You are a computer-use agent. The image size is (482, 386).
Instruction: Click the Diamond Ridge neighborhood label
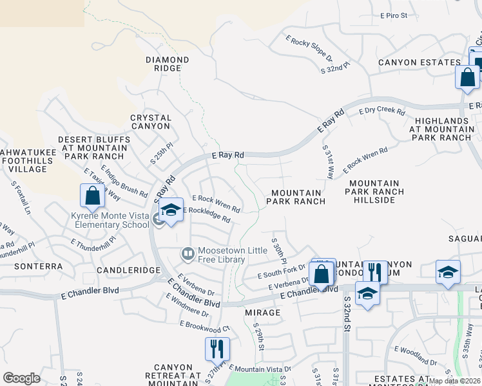(167, 64)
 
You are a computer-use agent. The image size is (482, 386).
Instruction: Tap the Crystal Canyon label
(151, 122)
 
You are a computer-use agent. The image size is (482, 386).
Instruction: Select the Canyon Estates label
(419, 62)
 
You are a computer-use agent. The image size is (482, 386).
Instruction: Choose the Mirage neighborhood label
(263, 313)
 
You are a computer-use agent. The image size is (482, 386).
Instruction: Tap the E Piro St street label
(394, 15)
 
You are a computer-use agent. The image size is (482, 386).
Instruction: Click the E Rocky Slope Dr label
(309, 47)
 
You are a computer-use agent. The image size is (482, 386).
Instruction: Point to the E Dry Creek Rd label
(382, 111)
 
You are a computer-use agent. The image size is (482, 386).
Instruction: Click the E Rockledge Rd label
(207, 214)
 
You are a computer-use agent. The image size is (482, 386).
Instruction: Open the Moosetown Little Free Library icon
(188, 255)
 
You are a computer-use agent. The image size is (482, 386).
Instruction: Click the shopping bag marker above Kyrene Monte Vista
(92, 197)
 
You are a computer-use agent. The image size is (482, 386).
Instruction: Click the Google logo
(21, 378)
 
